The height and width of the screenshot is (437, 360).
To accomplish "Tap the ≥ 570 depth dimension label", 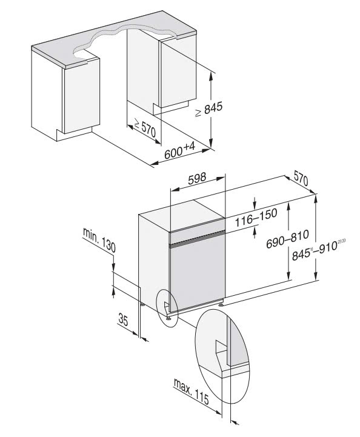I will pyautogui.click(x=145, y=129).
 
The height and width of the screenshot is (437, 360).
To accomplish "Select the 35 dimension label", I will pyautogui.click(x=125, y=321).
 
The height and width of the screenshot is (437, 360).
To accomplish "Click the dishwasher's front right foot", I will pyautogui.click(x=223, y=303).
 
